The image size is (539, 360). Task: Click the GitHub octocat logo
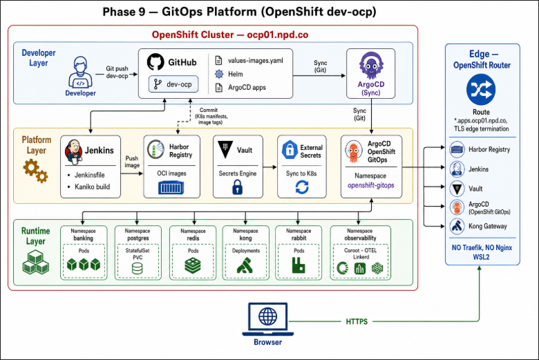point(155,62)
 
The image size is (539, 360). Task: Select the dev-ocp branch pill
point(173,84)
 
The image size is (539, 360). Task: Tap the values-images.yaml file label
point(256,61)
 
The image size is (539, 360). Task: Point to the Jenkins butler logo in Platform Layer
point(73,151)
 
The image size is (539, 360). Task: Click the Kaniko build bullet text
point(92,187)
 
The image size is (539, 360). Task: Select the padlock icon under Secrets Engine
point(237,188)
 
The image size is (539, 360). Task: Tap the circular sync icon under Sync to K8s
point(302,187)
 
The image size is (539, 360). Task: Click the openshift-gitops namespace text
point(370,185)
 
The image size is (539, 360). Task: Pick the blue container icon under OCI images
point(171,188)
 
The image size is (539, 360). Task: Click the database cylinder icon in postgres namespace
point(137,269)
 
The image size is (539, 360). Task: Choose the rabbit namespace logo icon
point(299,266)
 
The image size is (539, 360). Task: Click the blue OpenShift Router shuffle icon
point(481,90)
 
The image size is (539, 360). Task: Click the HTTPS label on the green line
point(357,321)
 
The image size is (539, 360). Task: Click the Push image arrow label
point(132,162)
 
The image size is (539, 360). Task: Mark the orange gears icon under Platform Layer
point(35,171)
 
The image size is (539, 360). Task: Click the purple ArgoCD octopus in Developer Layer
point(371,66)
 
